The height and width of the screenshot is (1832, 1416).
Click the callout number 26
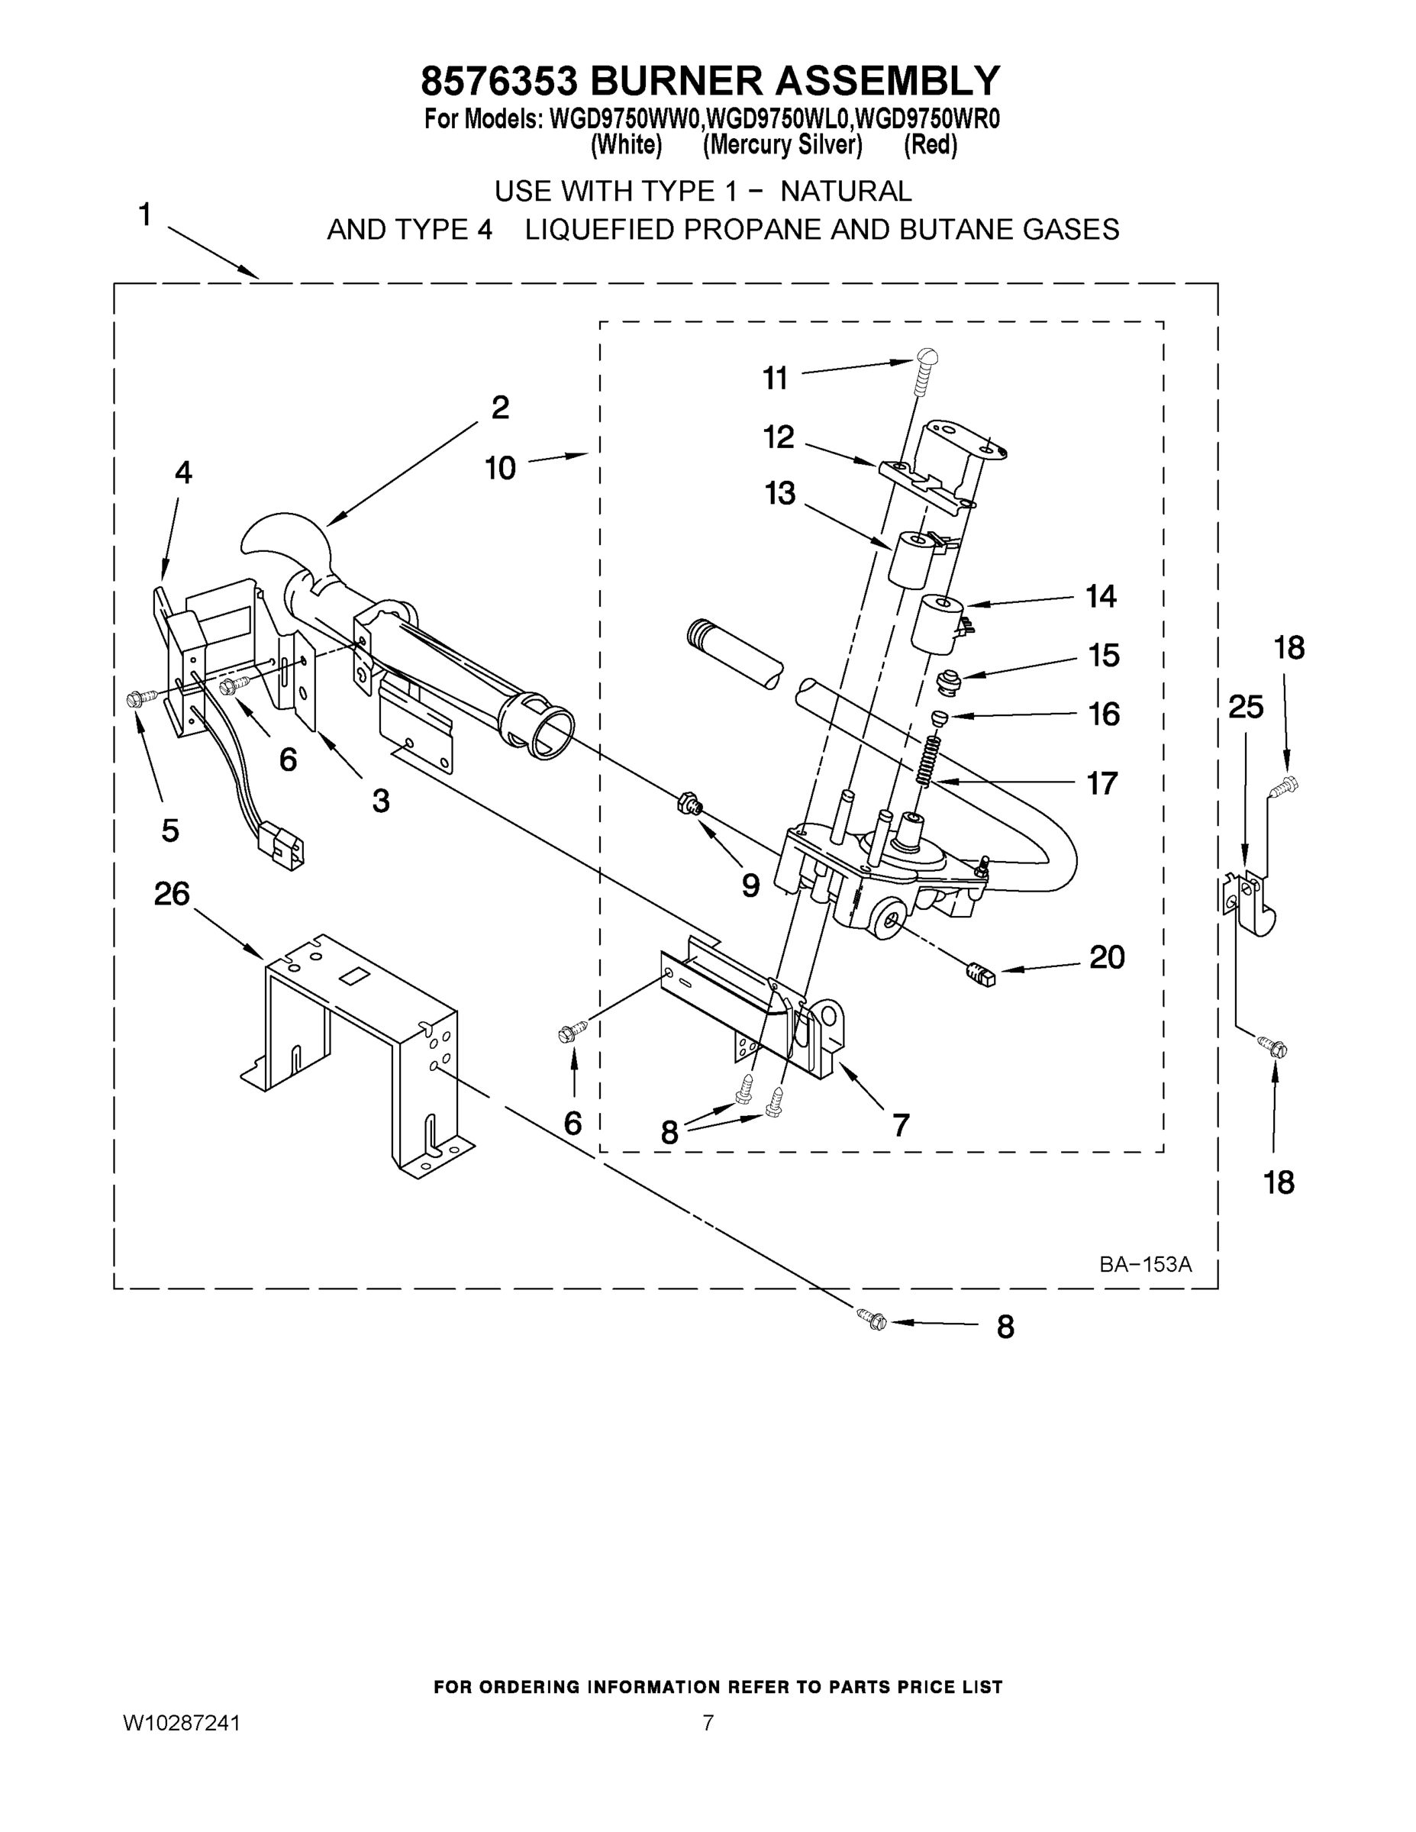(172, 894)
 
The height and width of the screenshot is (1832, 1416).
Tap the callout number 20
(1106, 957)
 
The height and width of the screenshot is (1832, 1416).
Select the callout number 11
(775, 379)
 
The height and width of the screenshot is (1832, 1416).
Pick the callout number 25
(1246, 708)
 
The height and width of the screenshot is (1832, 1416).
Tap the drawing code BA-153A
(1145, 1265)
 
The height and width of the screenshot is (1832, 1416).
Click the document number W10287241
(182, 1723)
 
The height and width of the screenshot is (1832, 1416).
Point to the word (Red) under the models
(931, 146)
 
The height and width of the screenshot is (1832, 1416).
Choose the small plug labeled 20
(981, 976)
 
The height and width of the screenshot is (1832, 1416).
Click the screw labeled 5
(141, 698)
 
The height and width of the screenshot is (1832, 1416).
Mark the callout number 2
(500, 408)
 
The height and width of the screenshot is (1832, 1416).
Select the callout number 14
(1101, 596)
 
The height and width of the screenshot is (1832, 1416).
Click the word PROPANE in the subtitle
(751, 229)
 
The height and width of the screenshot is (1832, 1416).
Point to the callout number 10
(500, 468)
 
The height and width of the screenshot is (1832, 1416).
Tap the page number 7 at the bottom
(708, 1723)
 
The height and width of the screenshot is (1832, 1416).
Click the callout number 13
(779, 493)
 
